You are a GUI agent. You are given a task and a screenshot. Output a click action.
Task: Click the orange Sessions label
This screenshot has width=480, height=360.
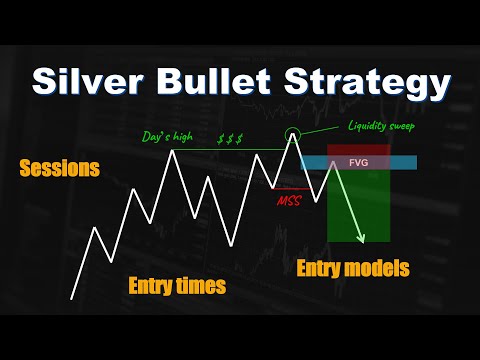(60, 169)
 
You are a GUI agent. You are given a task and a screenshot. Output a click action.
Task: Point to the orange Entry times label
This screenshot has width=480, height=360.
(177, 287)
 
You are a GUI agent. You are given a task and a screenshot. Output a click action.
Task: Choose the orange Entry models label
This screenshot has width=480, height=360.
(353, 268)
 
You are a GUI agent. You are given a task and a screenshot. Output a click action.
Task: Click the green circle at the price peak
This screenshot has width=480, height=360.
(293, 136)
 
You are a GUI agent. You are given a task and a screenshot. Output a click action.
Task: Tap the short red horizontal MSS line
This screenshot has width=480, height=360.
(290, 187)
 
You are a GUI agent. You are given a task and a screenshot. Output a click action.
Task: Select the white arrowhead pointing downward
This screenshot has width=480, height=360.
(361, 238)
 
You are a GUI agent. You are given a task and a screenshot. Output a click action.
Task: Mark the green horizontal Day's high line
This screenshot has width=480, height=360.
(230, 150)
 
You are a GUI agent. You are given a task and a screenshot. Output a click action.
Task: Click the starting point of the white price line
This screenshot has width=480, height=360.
(71, 298)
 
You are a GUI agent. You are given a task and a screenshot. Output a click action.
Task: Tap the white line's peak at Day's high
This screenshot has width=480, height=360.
(177, 150)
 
